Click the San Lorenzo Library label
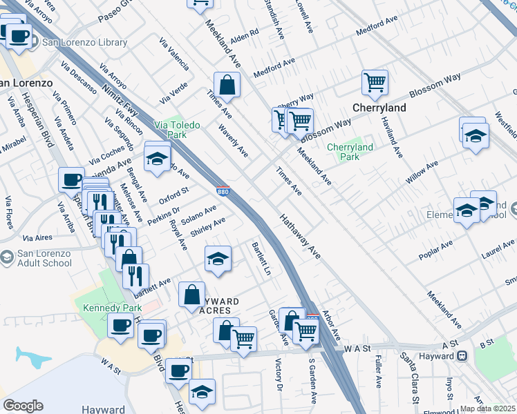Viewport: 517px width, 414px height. pos(84,43)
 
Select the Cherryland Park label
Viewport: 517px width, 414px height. pos(350,152)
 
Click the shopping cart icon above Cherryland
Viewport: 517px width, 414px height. pos(374,83)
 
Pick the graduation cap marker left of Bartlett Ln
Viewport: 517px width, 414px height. pos(218,259)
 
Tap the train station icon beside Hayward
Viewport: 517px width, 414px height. pos(462,356)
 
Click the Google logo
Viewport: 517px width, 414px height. pos(22,406)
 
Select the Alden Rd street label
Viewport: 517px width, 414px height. pos(244,33)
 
